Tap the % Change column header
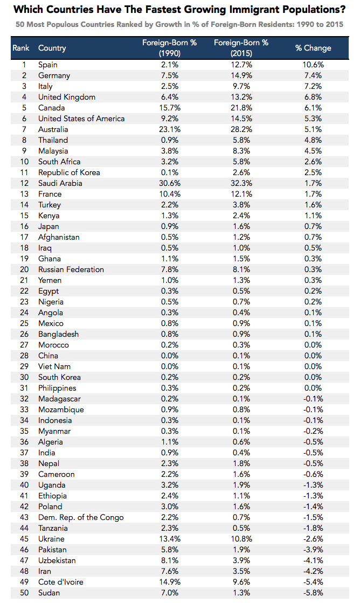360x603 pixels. coord(313,48)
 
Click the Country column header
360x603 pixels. coord(52,48)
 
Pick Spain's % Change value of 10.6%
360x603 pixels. coord(313,65)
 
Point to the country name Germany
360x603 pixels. coord(54,75)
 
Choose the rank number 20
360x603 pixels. coord(24,269)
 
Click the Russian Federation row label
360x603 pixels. coord(71,269)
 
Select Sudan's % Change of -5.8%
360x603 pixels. coord(313,593)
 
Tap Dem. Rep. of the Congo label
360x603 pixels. coord(81,517)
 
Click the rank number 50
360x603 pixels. coord(24,593)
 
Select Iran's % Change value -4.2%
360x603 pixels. coord(313,571)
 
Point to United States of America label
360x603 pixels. coord(81,119)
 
